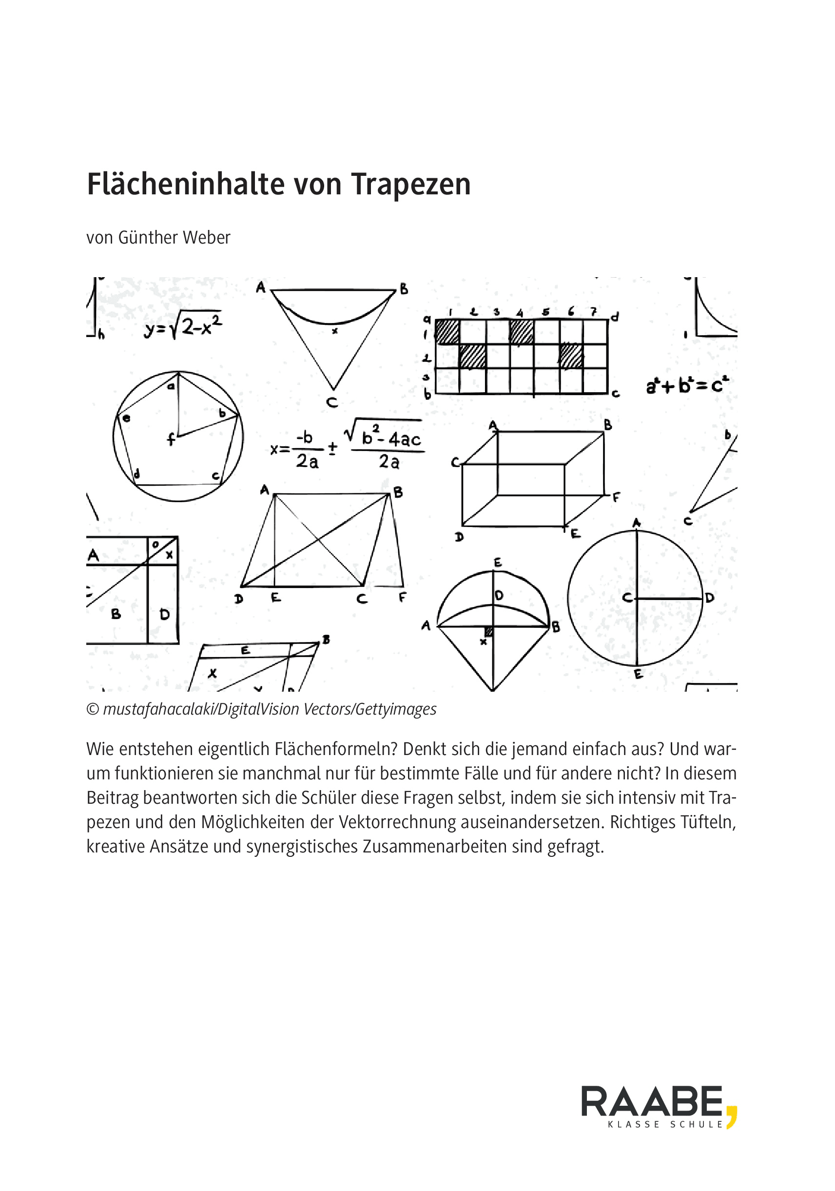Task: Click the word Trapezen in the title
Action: click(410, 184)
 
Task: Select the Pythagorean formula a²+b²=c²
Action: click(687, 385)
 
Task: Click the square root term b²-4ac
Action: click(390, 438)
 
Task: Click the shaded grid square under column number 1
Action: click(447, 331)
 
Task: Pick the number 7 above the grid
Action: click(594, 311)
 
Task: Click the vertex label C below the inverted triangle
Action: click(332, 402)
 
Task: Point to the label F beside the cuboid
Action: click(616, 497)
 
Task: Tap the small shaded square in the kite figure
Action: click(488, 631)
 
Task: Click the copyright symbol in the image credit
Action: click(93, 709)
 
